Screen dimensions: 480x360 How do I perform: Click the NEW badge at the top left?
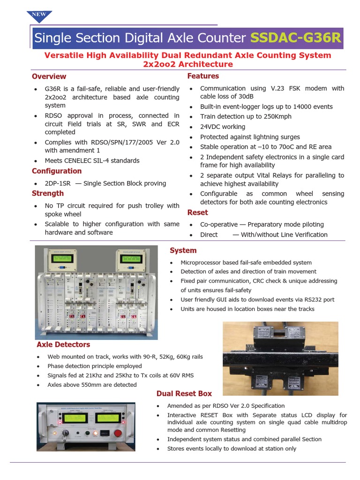coord(38,15)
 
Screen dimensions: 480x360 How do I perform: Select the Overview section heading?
coord(49,76)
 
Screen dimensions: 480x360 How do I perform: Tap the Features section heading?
coord(203,76)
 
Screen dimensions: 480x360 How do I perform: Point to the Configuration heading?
coord(56,171)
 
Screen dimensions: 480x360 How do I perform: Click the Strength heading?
coord(47,193)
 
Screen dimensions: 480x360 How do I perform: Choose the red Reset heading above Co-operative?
coord(197,212)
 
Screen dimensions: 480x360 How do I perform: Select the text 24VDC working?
coord(223,127)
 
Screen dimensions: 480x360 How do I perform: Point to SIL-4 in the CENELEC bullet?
coord(128,160)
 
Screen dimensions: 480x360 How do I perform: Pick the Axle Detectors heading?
coord(63,345)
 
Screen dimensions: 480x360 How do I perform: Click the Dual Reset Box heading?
coord(184,393)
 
